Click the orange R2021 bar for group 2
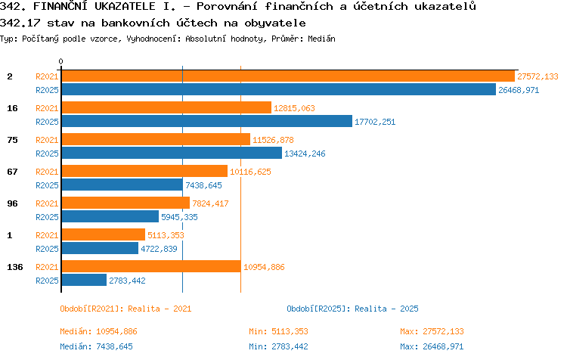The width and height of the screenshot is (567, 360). tap(288, 76)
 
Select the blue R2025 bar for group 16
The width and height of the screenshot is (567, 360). tap(207, 121)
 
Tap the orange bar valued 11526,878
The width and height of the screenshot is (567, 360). tap(156, 139)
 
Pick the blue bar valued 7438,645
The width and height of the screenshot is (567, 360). tap(122, 185)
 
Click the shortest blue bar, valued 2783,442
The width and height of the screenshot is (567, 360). tap(84, 280)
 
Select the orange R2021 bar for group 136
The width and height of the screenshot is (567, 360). tap(151, 266)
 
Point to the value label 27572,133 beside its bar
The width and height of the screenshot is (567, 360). tap(538, 76)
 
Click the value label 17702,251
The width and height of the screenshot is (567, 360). tap(375, 122)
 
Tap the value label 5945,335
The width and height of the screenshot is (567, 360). tap(179, 217)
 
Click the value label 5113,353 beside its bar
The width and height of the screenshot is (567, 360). tap(166, 235)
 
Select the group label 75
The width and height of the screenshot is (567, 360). tap(12, 140)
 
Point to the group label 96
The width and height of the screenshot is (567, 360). tap(12, 203)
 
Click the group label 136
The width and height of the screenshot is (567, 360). tap(15, 267)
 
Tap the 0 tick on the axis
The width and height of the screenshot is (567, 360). tap(60, 61)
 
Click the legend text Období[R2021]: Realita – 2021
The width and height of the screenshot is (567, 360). tap(125, 309)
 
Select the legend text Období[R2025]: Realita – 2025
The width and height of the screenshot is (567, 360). tap(352, 309)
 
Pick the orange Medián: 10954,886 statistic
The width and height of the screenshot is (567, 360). tap(99, 331)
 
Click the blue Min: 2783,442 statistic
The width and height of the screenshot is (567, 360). tap(278, 346)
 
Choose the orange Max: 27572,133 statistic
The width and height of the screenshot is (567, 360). tap(432, 331)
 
